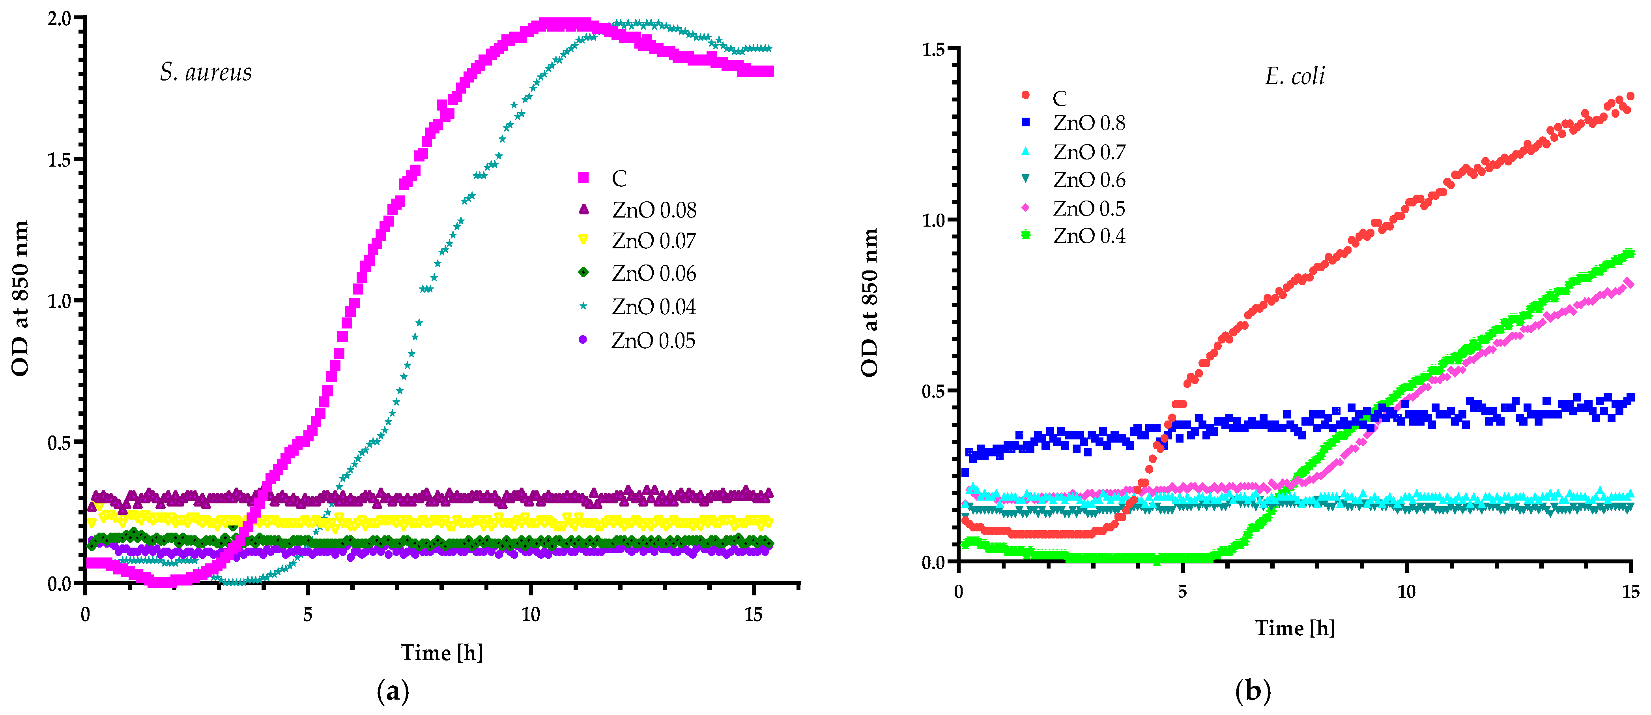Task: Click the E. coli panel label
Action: (x=1295, y=76)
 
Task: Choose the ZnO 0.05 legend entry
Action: (x=653, y=340)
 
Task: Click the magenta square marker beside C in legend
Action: (x=583, y=178)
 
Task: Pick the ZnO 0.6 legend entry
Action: (x=1088, y=180)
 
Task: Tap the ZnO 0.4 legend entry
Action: (x=1088, y=236)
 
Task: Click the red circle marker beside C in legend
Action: (x=1025, y=96)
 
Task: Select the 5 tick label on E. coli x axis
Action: (x=1182, y=591)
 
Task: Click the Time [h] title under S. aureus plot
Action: (x=441, y=652)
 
